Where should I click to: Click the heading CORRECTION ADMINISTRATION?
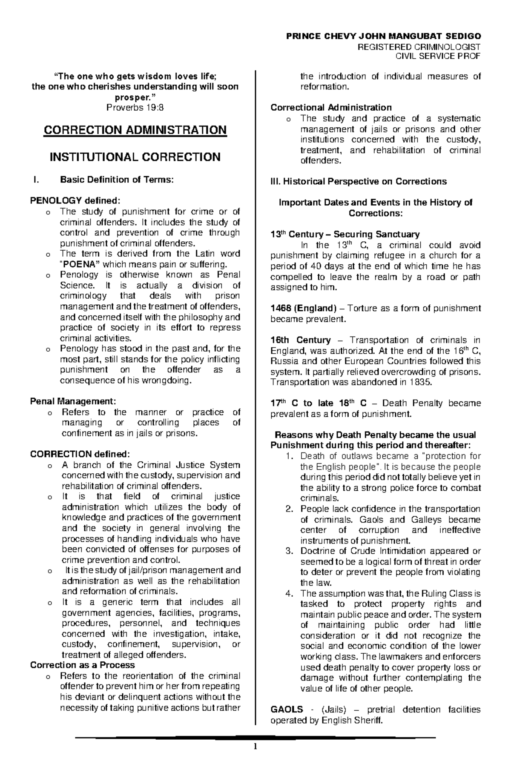(x=135, y=130)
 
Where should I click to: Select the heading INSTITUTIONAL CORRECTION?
(x=135, y=157)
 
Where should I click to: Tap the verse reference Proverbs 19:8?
(x=135, y=108)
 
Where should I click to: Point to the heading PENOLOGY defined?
(x=75, y=200)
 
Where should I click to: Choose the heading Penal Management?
(x=73, y=401)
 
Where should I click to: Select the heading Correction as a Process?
(x=82, y=665)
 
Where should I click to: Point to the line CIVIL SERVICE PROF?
(x=438, y=56)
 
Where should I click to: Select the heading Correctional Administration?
(x=331, y=107)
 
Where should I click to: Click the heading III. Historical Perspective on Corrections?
(x=359, y=182)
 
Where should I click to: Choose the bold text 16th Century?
(x=301, y=340)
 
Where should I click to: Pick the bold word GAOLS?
(x=287, y=709)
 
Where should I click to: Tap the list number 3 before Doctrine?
(x=290, y=551)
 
